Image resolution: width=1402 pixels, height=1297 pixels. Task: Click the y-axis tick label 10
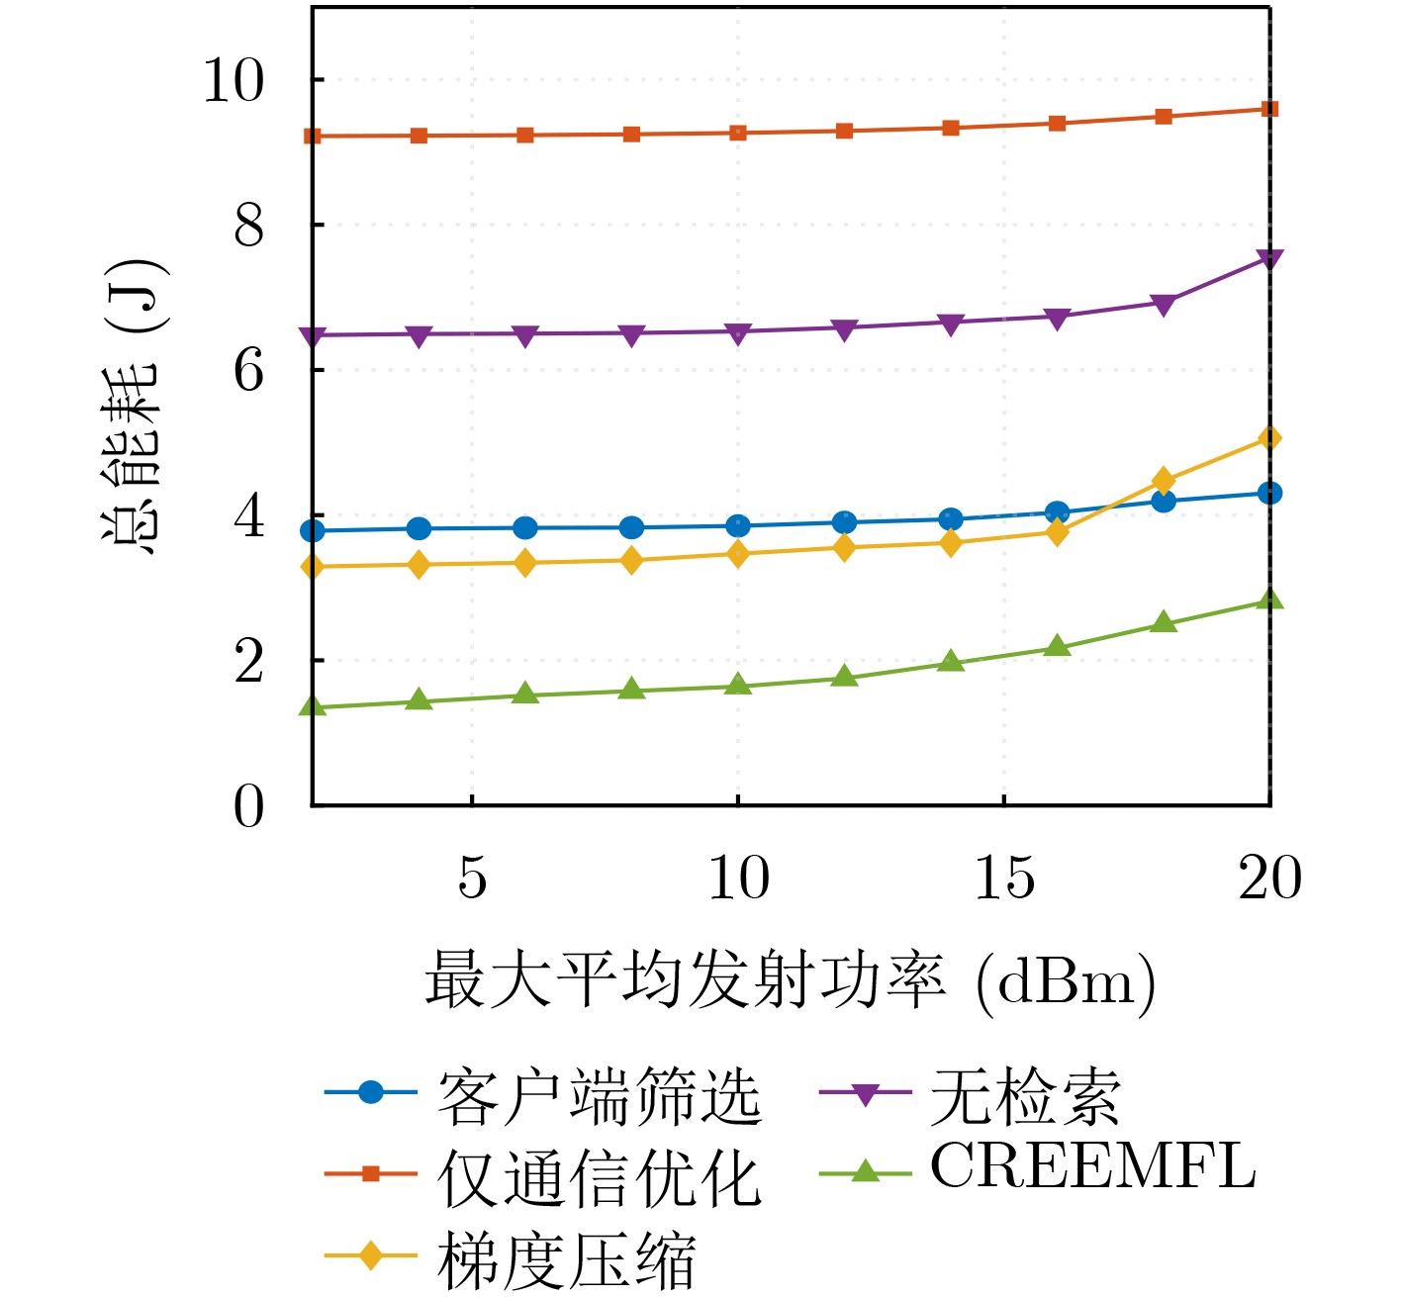point(234,80)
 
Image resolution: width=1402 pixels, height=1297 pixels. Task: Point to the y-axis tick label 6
point(249,371)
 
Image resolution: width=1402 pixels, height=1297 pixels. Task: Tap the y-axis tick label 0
point(249,806)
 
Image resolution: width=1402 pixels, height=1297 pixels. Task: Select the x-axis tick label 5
point(472,878)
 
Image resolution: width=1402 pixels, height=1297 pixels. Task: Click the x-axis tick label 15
point(1004,878)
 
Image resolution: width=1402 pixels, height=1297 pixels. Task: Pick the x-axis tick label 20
point(1269,878)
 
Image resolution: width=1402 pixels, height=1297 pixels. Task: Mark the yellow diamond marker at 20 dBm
point(1269,438)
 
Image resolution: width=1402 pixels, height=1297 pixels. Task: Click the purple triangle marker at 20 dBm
point(1269,259)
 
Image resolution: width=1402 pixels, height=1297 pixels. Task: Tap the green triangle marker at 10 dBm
point(738,685)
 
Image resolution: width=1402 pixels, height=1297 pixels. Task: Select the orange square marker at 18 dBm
point(1164,117)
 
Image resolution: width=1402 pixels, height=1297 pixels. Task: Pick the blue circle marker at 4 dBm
point(419,528)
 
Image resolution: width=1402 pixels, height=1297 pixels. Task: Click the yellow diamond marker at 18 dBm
point(1164,482)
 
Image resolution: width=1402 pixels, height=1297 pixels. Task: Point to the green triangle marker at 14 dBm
point(951,661)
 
